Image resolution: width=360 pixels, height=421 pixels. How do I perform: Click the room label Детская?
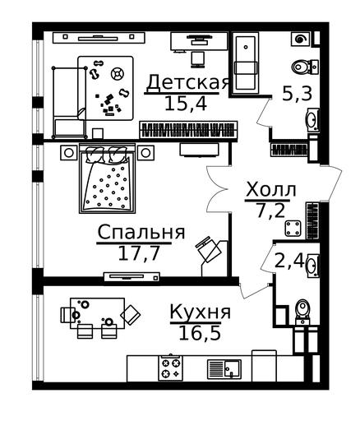click(188, 82)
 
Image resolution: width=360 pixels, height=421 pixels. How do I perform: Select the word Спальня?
click(141, 233)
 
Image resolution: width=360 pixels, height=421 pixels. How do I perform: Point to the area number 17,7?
click(139, 253)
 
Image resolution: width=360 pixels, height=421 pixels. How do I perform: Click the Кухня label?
click(201, 312)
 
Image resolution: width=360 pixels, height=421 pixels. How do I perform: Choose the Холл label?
click(271, 190)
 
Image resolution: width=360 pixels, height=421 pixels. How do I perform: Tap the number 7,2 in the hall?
click(270, 210)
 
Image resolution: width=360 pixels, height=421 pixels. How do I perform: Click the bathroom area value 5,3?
click(297, 94)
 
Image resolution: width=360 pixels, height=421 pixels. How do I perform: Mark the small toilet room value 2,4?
click(289, 261)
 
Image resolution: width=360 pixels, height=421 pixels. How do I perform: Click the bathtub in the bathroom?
click(246, 63)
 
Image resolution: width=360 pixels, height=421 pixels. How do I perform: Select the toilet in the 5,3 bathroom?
click(305, 67)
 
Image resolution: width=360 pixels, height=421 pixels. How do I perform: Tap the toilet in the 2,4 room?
click(302, 312)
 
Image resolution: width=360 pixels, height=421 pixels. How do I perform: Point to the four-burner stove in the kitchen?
click(170, 368)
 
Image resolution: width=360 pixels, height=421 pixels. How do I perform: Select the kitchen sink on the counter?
click(224, 368)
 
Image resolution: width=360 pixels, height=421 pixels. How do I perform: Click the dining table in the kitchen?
click(97, 313)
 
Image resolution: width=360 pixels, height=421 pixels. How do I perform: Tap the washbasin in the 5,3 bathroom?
click(312, 119)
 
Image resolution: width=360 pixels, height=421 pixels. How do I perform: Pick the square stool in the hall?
click(293, 229)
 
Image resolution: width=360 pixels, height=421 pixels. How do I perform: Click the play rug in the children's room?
click(105, 88)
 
